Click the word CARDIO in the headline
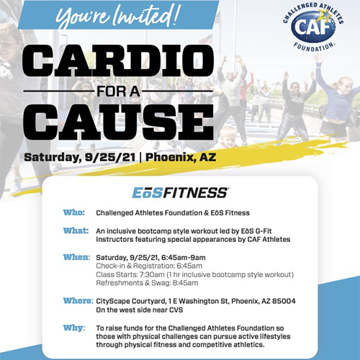pyautogui.click(x=118, y=60)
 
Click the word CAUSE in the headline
pyautogui.click(x=118, y=122)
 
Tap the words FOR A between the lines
pyautogui.click(x=118, y=91)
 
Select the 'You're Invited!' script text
pyautogui.click(x=117, y=16)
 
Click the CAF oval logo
pyautogui.click(x=313, y=27)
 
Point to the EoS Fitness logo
pyautogui.click(x=180, y=193)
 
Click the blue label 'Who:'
pyautogui.click(x=74, y=212)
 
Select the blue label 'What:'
pyautogui.click(x=76, y=230)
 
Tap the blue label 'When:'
pyautogui.click(x=77, y=257)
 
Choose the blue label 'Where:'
pyautogui.click(x=78, y=301)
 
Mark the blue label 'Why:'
pyautogui.click(x=74, y=328)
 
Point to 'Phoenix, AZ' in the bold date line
pyautogui.click(x=181, y=157)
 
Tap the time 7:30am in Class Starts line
pyautogui.click(x=150, y=274)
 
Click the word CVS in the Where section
pyautogui.click(x=176, y=310)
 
